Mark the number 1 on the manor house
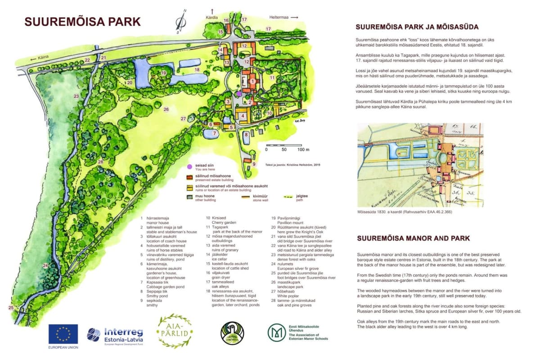(253, 81)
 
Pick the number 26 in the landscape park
(166, 109)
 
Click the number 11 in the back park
(272, 78)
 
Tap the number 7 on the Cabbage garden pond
(215, 133)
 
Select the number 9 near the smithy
(254, 164)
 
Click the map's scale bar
(283, 145)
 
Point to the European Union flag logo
(63, 334)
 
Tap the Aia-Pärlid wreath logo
(174, 332)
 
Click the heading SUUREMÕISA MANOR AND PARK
(413, 238)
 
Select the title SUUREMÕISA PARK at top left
(82, 22)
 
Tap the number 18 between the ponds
(197, 70)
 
